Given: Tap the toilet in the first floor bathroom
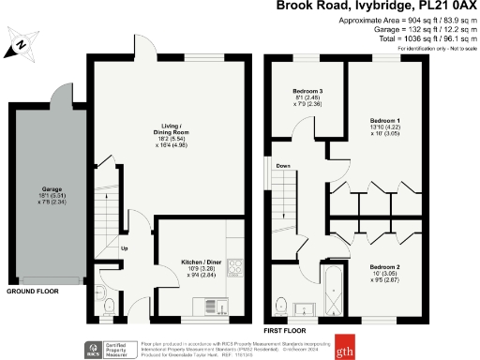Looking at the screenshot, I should pos(282,303).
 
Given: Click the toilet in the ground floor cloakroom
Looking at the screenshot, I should pos(108,305).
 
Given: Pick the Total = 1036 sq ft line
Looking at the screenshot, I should pos(400,37).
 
